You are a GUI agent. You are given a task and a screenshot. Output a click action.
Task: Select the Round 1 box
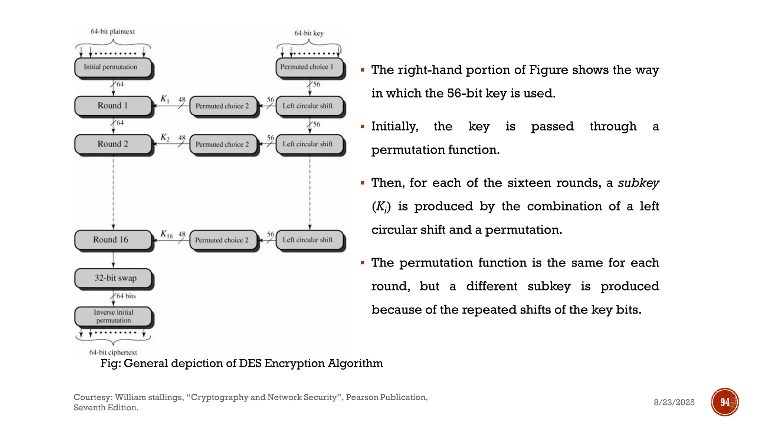click(113, 106)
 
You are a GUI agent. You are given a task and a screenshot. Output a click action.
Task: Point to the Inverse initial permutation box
click(113, 316)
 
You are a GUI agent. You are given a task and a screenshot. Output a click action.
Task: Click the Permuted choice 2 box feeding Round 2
click(223, 144)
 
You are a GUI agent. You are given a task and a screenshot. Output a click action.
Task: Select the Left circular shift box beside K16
click(309, 240)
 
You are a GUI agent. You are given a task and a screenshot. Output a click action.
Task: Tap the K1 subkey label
click(165, 99)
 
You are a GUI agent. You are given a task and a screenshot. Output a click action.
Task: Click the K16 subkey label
click(167, 234)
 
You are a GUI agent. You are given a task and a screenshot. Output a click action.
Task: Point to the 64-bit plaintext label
click(112, 32)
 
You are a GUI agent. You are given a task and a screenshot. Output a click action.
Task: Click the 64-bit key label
click(309, 33)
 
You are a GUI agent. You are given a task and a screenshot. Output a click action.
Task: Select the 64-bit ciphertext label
click(113, 352)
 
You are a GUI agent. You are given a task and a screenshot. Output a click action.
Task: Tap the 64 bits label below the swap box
click(126, 296)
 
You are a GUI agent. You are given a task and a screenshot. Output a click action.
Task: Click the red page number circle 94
click(725, 402)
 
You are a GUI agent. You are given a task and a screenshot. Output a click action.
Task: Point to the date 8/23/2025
click(674, 403)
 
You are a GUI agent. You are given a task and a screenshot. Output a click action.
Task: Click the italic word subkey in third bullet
click(638, 183)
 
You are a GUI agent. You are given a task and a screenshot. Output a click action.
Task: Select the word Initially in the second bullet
click(394, 126)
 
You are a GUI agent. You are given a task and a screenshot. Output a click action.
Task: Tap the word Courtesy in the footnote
click(93, 397)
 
